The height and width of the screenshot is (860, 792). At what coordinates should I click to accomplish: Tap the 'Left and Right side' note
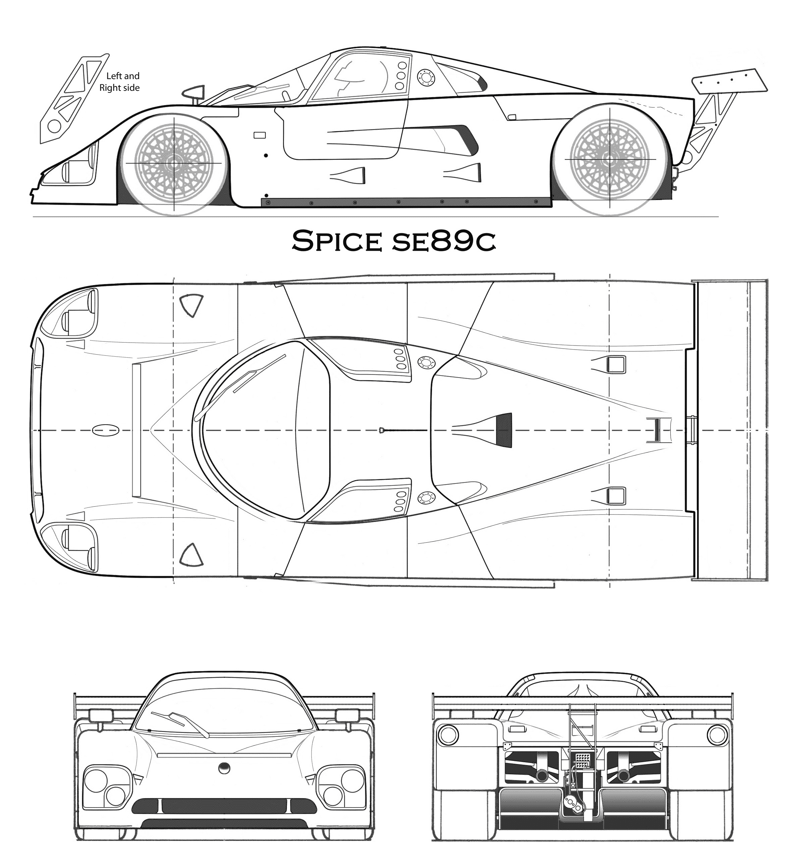click(120, 82)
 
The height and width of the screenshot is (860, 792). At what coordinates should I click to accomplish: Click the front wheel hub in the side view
click(174, 163)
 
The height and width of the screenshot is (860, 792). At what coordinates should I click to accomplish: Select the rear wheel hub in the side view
click(610, 159)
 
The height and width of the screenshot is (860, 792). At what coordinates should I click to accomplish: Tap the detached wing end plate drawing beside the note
click(74, 99)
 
